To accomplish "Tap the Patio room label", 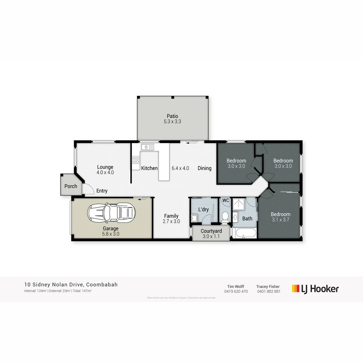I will (x=172, y=116).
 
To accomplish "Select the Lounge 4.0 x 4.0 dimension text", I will (x=105, y=172).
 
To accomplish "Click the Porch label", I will (x=71, y=186).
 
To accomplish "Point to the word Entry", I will (x=102, y=191).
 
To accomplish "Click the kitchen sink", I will (x=148, y=147).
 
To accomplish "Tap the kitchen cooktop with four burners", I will (x=136, y=160).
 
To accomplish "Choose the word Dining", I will (x=204, y=168).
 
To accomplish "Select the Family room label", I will (x=171, y=216).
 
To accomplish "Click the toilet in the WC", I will (x=225, y=216).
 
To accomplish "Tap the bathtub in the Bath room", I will (x=245, y=233).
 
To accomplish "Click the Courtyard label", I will (x=211, y=231).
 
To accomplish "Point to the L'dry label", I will (x=204, y=209).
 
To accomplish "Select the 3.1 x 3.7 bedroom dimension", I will (x=281, y=220).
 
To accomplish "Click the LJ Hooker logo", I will (x=315, y=289).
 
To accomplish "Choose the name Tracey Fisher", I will (x=268, y=286).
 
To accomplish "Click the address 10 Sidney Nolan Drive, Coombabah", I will (x=71, y=285).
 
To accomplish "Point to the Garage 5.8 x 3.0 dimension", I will (x=111, y=234).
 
